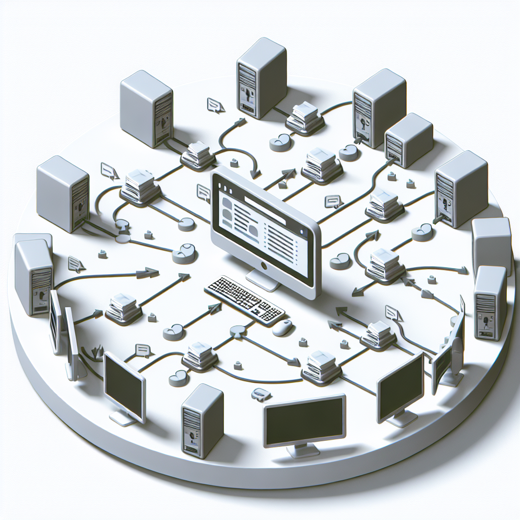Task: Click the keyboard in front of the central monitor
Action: [x=244, y=300]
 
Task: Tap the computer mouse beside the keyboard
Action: [x=282, y=328]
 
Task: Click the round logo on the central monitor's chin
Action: [x=263, y=266]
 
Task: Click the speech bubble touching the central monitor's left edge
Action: [x=204, y=191]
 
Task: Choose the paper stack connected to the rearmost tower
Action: [x=305, y=118]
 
